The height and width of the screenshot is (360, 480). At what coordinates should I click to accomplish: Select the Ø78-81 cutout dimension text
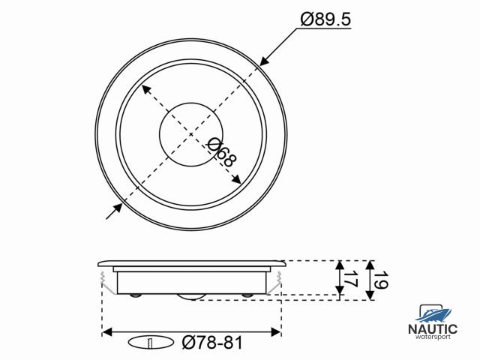(212, 343)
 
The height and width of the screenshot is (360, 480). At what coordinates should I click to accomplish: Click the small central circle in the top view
(190, 134)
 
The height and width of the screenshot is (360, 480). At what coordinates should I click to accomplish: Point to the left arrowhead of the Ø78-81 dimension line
(106, 331)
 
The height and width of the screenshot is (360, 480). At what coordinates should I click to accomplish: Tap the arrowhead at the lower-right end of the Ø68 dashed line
(236, 180)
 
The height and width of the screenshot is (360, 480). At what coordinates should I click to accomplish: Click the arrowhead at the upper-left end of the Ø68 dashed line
(145, 88)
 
